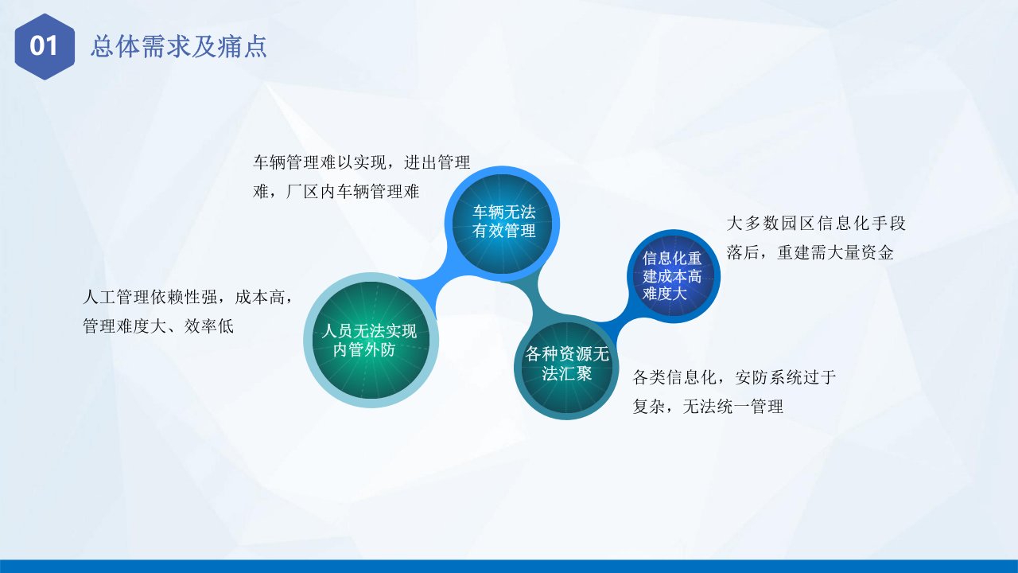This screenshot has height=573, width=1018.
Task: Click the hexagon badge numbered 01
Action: (x=45, y=46)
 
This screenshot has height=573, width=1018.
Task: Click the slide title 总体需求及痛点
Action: (x=179, y=46)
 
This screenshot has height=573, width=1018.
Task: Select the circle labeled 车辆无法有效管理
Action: (x=502, y=224)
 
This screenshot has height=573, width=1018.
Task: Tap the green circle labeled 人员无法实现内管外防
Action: (x=371, y=340)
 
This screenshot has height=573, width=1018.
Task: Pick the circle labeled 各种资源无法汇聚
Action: (x=566, y=368)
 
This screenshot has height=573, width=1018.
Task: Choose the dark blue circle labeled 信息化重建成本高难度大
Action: (x=674, y=276)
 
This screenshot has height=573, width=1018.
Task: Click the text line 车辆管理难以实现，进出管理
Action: (x=361, y=162)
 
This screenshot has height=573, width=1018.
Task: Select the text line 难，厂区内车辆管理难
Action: (x=336, y=192)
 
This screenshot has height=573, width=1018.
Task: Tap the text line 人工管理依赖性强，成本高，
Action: (x=187, y=297)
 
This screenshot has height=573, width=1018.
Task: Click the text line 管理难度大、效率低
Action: (x=158, y=326)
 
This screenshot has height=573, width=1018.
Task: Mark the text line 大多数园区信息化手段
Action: (x=816, y=224)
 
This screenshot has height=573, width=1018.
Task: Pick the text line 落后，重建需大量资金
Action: (x=810, y=252)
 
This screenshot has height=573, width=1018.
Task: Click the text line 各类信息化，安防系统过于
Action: (x=734, y=377)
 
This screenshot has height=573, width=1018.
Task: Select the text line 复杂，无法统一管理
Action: (x=708, y=406)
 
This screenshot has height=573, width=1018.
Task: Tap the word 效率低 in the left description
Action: (x=209, y=326)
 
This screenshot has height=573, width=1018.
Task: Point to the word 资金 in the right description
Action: (x=877, y=252)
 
